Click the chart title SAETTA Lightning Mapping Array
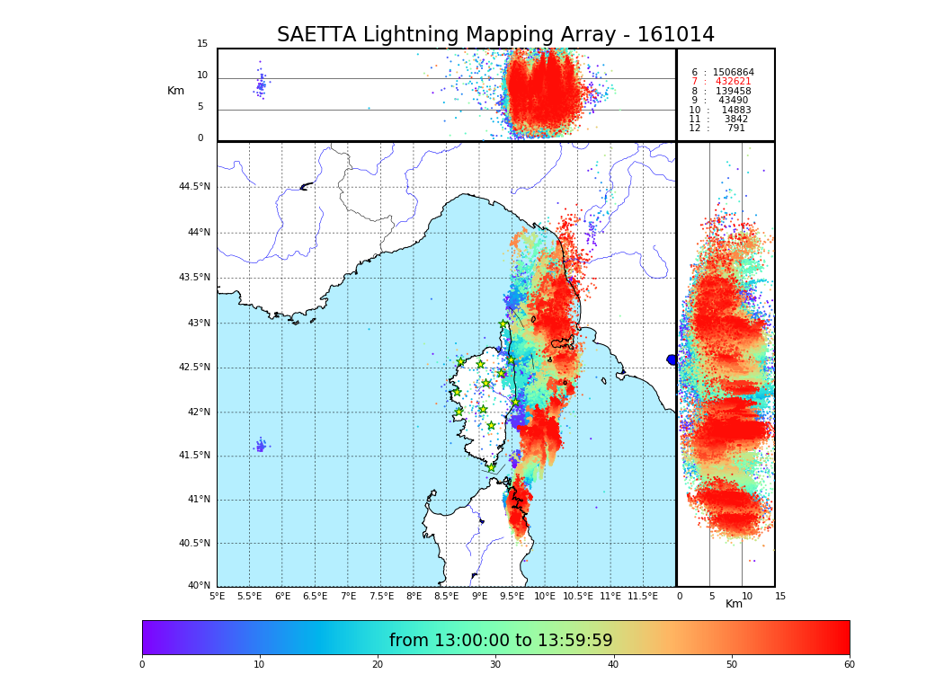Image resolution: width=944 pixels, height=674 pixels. click(495, 35)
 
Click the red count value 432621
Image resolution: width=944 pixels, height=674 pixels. click(733, 82)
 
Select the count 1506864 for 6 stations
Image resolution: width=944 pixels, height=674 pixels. click(733, 73)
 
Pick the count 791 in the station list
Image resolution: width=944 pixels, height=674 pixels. click(735, 129)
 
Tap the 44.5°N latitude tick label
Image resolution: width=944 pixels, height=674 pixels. click(194, 187)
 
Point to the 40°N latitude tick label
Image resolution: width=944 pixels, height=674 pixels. click(199, 586)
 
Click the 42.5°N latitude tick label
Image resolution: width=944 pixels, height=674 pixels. click(194, 368)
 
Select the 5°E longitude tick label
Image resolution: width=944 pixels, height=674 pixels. click(218, 596)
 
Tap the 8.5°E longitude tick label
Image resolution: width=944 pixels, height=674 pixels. click(446, 596)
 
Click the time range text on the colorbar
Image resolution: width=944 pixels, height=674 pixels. click(501, 641)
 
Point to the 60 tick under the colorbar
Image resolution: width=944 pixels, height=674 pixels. click(849, 665)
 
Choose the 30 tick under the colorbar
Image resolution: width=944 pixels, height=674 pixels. click(495, 665)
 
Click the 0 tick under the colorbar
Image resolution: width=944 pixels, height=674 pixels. click(142, 665)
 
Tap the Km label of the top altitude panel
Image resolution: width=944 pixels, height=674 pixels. click(175, 91)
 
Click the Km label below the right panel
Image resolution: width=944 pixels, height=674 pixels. click(734, 604)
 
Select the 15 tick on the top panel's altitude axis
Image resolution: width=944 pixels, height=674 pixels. click(202, 44)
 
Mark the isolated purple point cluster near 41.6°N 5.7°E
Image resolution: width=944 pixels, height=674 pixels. click(261, 446)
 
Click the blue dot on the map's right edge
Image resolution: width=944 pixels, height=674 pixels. click(672, 359)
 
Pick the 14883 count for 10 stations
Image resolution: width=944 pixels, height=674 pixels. click(736, 111)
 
